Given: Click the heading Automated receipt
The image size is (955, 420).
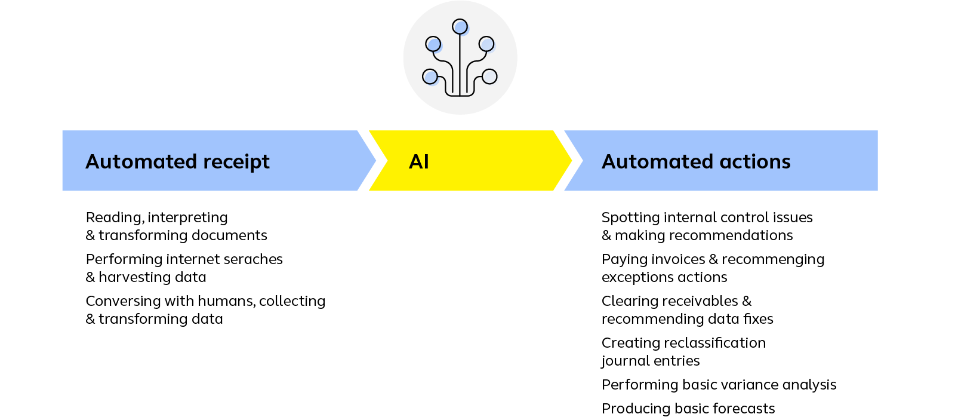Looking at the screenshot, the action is (177, 162).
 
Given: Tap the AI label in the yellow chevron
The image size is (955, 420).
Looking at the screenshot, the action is (418, 162).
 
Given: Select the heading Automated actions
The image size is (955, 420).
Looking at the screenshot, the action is (696, 162).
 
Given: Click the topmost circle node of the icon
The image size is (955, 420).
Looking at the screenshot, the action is (460, 27).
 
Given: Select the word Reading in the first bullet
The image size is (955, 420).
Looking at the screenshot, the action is (115, 218).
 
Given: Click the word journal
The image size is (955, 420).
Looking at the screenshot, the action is (624, 361).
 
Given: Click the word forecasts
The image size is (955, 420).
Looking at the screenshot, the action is (744, 409).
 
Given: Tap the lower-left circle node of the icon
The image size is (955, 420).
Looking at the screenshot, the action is (430, 77).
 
